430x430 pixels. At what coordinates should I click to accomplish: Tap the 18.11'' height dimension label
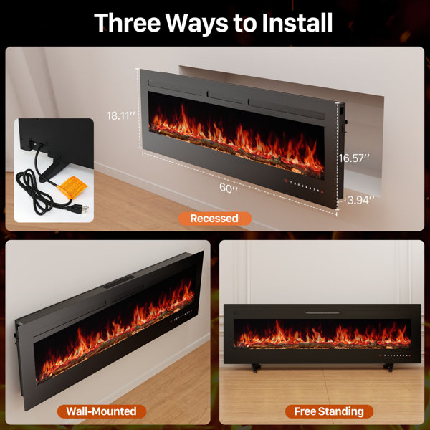[121, 115]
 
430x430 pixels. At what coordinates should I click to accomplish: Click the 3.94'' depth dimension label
[360, 201]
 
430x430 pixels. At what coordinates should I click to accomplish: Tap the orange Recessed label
[215, 218]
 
